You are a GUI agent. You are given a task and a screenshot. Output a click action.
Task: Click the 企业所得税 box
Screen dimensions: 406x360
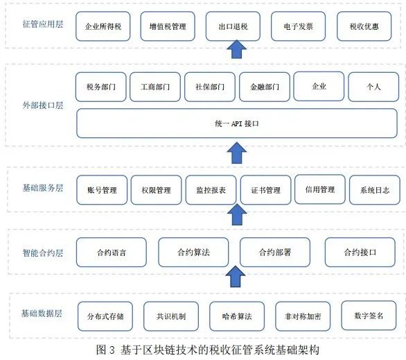(103, 26)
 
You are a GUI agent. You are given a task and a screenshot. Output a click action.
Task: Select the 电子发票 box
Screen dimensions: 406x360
(298, 26)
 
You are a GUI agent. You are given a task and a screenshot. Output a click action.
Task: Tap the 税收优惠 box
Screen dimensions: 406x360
(364, 26)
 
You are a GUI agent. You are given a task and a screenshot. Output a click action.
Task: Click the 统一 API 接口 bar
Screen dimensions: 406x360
(237, 123)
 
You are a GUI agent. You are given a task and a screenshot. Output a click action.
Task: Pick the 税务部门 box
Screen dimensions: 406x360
(101, 87)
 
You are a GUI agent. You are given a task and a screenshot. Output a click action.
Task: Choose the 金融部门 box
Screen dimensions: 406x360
(265, 87)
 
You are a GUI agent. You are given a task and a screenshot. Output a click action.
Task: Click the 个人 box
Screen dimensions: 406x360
(373, 87)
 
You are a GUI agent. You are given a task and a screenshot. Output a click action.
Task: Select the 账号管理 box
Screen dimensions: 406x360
(102, 190)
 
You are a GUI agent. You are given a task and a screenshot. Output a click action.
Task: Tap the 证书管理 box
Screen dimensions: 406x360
(265, 190)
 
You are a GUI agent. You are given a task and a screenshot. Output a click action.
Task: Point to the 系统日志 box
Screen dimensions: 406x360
(375, 190)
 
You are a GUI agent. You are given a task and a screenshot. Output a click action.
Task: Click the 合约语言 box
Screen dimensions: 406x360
(112, 252)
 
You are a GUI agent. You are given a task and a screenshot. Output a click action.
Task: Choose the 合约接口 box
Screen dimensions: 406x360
(360, 252)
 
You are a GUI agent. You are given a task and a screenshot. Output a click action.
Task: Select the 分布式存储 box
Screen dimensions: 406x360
(105, 316)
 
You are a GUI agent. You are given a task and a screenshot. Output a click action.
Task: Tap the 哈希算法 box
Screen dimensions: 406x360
(237, 316)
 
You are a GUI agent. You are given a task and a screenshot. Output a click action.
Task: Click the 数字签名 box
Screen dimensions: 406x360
(369, 316)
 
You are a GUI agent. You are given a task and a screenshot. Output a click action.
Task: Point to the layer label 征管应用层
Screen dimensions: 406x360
(43, 24)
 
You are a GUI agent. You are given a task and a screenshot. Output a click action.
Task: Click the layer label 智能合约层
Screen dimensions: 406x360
(43, 252)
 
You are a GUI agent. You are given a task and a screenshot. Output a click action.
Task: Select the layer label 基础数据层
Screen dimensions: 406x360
(42, 314)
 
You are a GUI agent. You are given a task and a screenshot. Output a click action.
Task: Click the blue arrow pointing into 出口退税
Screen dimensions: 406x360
(237, 49)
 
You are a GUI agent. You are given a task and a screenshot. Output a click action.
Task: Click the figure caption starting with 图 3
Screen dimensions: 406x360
(208, 350)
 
